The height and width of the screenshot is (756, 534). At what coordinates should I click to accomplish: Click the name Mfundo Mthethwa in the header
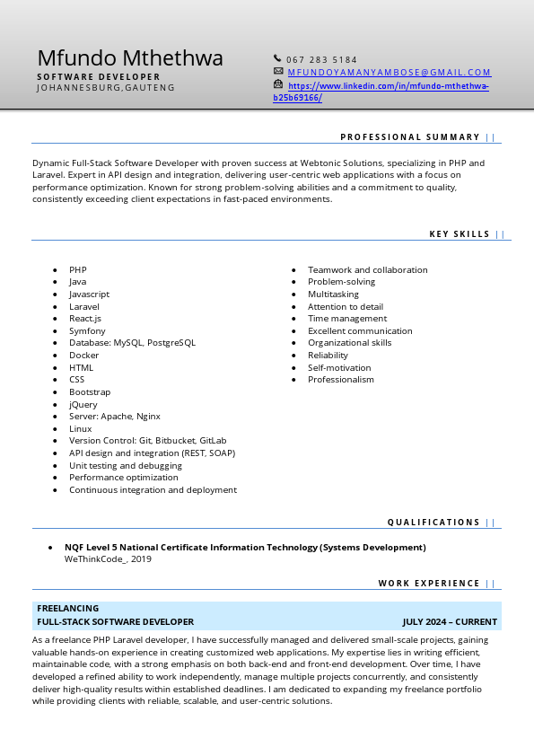pos(130,59)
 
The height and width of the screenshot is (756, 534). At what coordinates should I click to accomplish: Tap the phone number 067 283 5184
pos(321,60)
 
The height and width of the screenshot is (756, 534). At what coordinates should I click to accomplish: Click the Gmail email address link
pos(390,73)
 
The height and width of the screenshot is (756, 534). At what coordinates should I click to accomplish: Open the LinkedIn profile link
pos(388,86)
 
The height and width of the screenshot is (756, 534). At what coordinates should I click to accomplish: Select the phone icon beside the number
pos(278,59)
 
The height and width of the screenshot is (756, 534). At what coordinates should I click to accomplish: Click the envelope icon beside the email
pos(278,72)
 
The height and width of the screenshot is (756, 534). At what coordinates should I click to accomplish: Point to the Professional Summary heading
pos(410,137)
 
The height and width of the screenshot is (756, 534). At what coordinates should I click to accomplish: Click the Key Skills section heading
pos(460,234)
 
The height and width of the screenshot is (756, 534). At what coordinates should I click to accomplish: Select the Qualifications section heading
pos(433,523)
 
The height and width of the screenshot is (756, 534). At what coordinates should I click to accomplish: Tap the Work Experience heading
pos(429,584)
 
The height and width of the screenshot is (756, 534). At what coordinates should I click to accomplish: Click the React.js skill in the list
pos(85,319)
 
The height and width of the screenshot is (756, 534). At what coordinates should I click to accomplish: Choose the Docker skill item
pos(84,356)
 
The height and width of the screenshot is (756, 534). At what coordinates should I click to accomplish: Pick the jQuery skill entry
pos(83,405)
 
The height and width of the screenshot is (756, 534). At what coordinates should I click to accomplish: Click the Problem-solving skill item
pos(341,282)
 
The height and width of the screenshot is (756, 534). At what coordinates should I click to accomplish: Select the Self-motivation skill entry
pos(339,368)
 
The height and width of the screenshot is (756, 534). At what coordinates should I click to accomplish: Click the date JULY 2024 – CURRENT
pos(450,621)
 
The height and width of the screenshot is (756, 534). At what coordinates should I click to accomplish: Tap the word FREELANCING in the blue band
pos(68,609)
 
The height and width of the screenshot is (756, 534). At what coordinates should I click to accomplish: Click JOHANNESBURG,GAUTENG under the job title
pos(106,88)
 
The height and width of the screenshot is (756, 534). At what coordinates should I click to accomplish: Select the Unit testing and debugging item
pos(126,466)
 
